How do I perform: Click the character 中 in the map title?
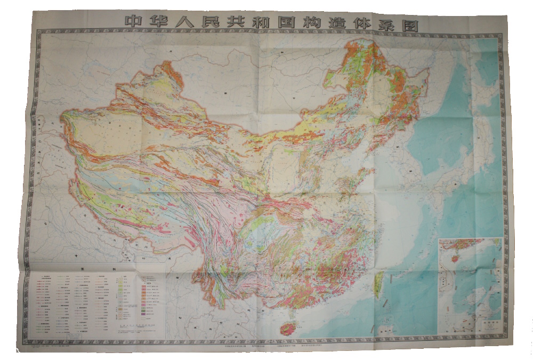point(133,22)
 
